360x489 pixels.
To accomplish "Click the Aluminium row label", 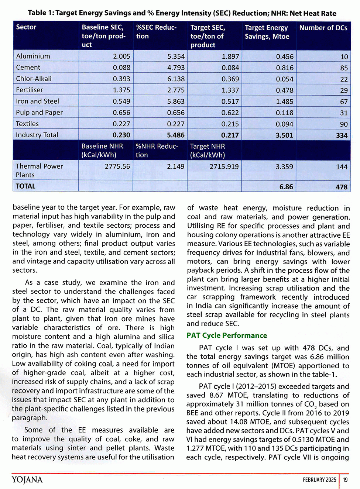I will coord(33,56).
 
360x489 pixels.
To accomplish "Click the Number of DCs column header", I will coord(323,28).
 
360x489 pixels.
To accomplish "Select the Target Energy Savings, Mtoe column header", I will coord(267,32).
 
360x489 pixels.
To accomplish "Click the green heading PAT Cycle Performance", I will coord(227,335).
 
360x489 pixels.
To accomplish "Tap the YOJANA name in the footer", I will coord(27,480).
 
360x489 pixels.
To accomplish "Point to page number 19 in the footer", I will coord(345,480).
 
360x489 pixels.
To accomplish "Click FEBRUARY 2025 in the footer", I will coord(319,480).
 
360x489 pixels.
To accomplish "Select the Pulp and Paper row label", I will coord(39,113).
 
